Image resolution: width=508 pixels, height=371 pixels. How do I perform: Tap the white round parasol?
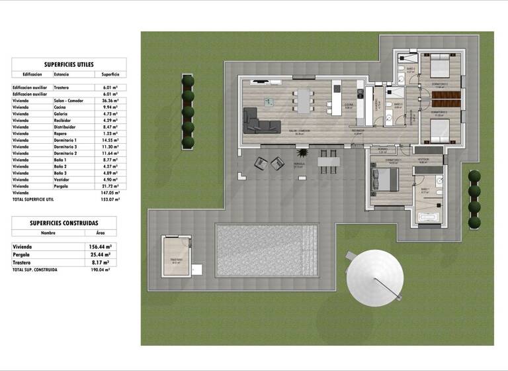coord(375,277)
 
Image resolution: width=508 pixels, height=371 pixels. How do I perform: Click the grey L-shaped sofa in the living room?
coord(257,122)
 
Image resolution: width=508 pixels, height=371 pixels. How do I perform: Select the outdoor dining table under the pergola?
coord(328,160)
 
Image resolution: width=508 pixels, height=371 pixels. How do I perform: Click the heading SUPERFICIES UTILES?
coord(69,64)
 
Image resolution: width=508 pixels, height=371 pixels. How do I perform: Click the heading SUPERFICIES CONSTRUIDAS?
coord(64,223)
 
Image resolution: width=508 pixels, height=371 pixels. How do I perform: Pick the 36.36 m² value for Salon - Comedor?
coord(110,101)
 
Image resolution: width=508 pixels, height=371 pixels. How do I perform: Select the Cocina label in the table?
coord(62,107)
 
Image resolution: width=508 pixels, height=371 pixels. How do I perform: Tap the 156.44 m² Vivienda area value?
coord(99,246)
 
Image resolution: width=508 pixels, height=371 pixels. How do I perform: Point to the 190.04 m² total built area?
coord(99,270)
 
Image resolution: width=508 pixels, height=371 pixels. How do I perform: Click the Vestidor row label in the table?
coord(63,180)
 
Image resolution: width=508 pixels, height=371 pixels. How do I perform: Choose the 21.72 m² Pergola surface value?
coord(110,186)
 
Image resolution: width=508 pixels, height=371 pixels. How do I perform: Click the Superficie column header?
coord(110,75)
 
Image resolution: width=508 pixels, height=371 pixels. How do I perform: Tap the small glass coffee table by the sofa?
coord(268,102)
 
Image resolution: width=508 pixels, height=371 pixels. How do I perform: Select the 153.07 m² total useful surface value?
coord(110,199)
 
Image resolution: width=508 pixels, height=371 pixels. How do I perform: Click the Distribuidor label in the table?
coord(65,127)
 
